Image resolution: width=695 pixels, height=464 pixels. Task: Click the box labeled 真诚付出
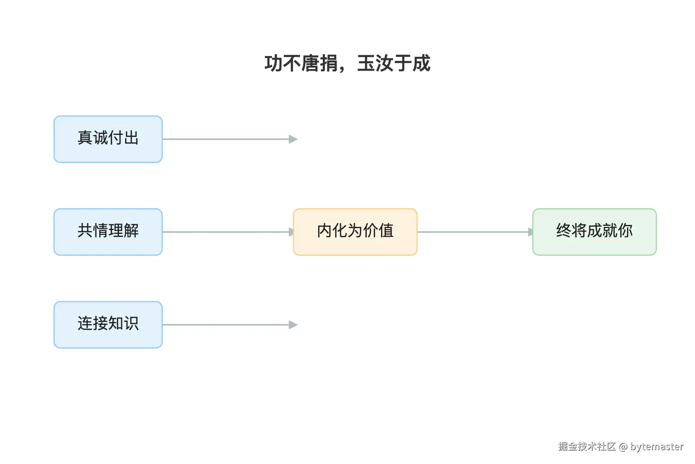[108, 139]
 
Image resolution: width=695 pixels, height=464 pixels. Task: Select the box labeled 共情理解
[108, 232]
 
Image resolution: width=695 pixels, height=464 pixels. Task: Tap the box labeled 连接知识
[108, 325]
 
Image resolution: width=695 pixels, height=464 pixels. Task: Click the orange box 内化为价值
[355, 232]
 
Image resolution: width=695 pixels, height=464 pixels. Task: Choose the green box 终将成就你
[595, 232]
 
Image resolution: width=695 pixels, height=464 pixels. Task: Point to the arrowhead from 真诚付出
[293, 139]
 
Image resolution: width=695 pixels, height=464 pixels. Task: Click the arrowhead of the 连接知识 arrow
[293, 325]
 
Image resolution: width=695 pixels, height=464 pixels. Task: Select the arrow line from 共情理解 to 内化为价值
[228, 232]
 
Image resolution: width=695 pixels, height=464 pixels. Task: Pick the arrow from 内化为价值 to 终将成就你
[475, 232]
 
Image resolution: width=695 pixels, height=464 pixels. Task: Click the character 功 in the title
[273, 63]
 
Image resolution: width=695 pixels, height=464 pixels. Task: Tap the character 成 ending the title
[421, 63]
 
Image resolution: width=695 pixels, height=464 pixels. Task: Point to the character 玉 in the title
[366, 63]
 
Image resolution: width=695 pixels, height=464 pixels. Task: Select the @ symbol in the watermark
[623, 447]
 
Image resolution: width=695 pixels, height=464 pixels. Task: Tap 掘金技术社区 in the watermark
[587, 447]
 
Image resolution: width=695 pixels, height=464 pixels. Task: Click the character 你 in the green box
[625, 230]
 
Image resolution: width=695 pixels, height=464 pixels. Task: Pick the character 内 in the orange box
[324, 230]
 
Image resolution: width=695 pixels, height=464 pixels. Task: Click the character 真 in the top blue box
[85, 138]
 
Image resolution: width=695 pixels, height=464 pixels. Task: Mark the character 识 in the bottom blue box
[131, 323]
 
